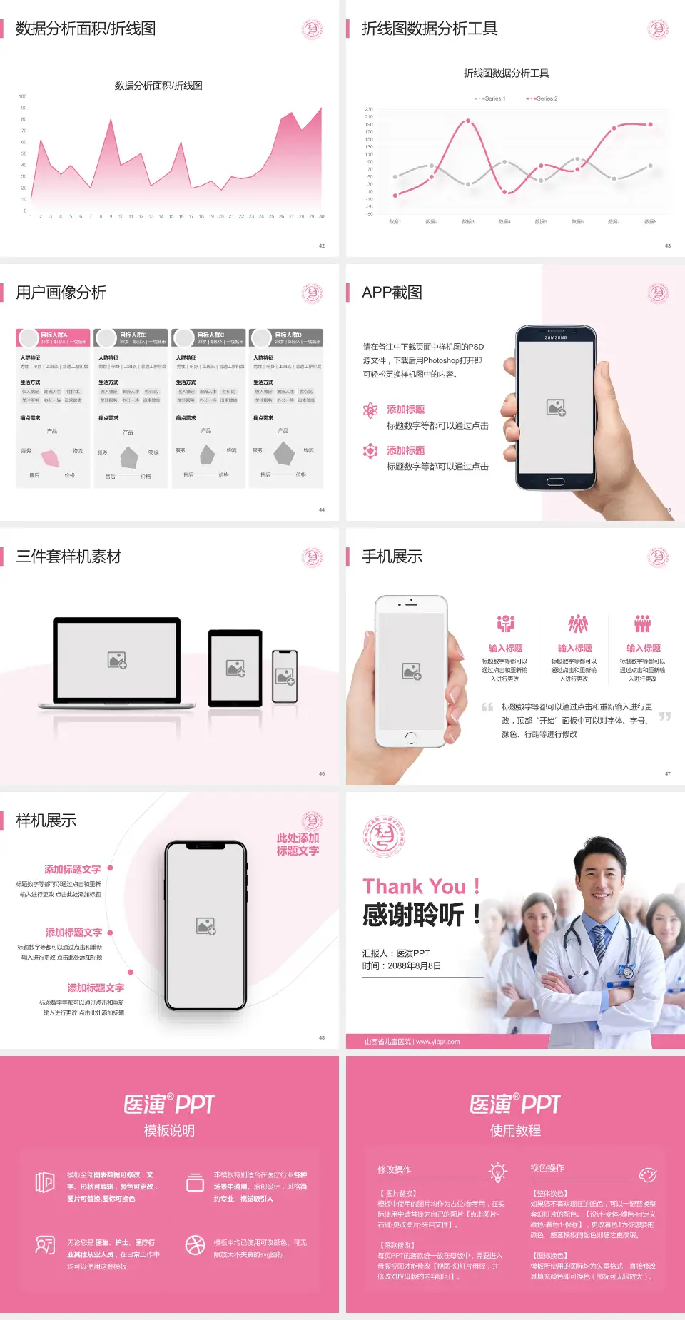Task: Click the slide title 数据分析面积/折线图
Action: tap(86, 29)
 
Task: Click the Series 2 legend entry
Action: tap(544, 98)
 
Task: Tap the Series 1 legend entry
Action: tap(491, 98)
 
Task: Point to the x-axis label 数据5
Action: tap(541, 222)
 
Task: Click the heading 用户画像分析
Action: tap(61, 293)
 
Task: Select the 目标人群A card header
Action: tap(54, 337)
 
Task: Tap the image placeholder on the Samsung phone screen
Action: tap(556, 407)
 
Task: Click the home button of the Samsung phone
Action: tap(556, 482)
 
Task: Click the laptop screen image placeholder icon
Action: tap(117, 660)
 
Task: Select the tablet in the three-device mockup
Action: tap(235, 668)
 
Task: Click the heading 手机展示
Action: tap(392, 557)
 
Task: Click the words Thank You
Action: tap(414, 886)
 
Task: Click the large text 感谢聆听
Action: tap(414, 915)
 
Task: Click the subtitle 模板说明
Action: tap(169, 1131)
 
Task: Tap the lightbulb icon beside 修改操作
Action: tap(497, 1172)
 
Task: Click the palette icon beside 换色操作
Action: tap(647, 1174)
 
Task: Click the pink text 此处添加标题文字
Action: tap(298, 844)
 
